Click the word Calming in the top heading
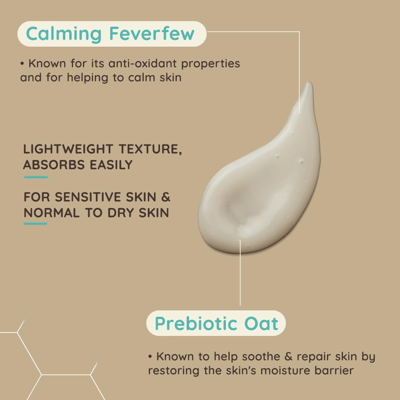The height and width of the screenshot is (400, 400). (64, 34)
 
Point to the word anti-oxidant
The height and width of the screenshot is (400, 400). (143, 63)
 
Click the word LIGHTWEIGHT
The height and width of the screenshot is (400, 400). (68, 149)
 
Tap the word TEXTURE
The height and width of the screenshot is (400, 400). (150, 149)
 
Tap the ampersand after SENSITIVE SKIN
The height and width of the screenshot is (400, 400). (166, 197)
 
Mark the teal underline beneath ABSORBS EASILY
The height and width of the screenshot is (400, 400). (36, 177)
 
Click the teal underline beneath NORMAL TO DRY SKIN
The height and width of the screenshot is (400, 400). (35, 224)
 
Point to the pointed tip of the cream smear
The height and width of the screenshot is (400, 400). (309, 84)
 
